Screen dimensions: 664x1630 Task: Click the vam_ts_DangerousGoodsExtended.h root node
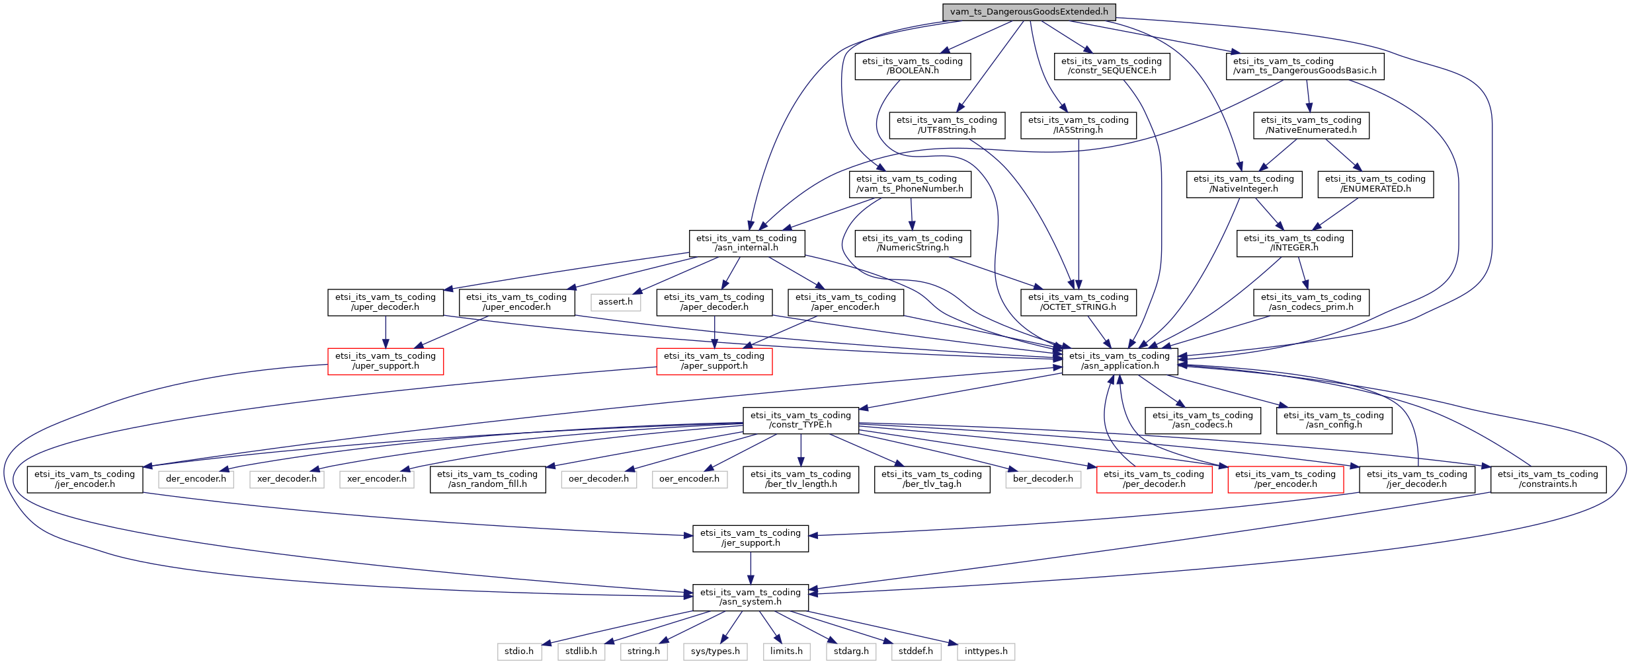tap(1029, 12)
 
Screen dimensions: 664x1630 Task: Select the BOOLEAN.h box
tap(913, 66)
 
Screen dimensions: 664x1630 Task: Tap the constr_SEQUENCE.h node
tap(1112, 66)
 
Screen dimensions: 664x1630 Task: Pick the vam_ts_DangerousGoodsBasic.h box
tap(1305, 66)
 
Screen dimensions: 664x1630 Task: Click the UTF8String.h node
tap(947, 125)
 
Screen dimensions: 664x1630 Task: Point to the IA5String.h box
tap(1079, 125)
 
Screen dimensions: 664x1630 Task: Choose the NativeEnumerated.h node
tap(1311, 125)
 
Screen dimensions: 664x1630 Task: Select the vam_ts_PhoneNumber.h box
tap(910, 184)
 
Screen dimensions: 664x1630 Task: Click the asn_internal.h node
tap(747, 243)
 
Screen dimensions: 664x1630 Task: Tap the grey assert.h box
tap(616, 302)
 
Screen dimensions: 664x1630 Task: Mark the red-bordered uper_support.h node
tap(386, 361)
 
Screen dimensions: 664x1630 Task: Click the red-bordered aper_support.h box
tap(714, 361)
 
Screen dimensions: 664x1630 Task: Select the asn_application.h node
tap(1120, 361)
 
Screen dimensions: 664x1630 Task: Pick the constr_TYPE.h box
tap(801, 420)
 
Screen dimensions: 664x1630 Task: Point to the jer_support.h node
tap(751, 538)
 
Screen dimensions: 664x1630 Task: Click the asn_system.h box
tap(751, 597)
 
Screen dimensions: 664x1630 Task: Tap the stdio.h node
tap(519, 651)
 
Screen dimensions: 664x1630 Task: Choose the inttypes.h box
tap(986, 651)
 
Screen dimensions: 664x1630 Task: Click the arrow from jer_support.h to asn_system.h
tap(751, 568)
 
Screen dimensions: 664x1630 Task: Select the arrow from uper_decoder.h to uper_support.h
tap(386, 332)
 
